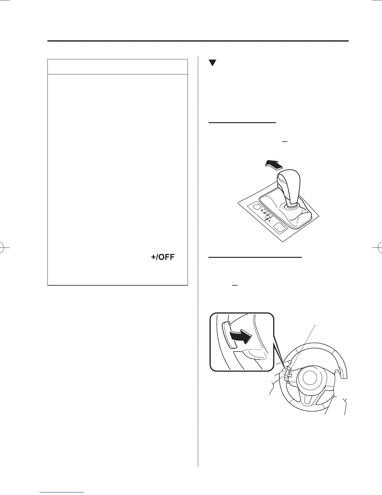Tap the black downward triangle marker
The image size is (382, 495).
click(212, 62)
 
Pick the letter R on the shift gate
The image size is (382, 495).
click(265, 213)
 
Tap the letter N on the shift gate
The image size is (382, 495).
click(268, 216)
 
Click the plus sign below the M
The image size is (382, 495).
click(269, 221)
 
